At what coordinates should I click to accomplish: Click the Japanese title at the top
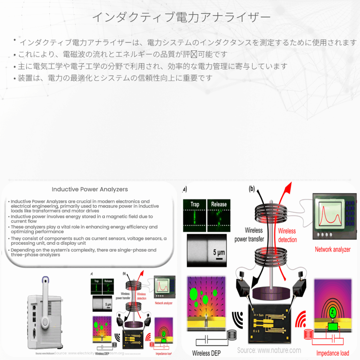pyautogui.click(x=180, y=17)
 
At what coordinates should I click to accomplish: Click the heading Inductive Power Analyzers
pyautogui.click(x=90, y=189)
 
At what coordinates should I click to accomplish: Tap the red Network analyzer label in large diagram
pyautogui.click(x=332, y=249)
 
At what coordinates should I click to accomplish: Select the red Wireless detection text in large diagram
pyautogui.click(x=287, y=235)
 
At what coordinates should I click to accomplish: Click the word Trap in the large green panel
pyautogui.click(x=194, y=204)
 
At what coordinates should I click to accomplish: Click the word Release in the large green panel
pyautogui.click(x=219, y=204)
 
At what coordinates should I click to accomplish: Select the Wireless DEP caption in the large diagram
pyautogui.click(x=206, y=352)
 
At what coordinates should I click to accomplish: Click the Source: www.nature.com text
pyautogui.click(x=269, y=350)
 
